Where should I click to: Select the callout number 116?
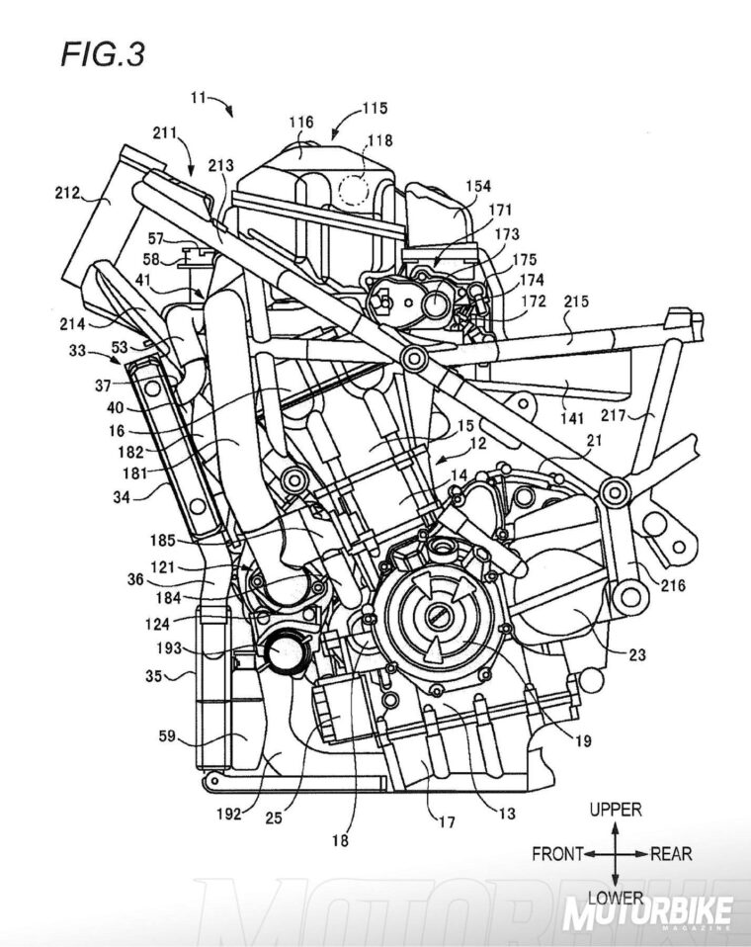click(300, 123)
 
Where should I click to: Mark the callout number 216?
click(670, 585)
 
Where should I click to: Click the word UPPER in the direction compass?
click(615, 810)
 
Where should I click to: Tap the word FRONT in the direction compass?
click(556, 853)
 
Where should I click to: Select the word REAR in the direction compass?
click(671, 853)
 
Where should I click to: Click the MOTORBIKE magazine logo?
click(648, 912)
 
